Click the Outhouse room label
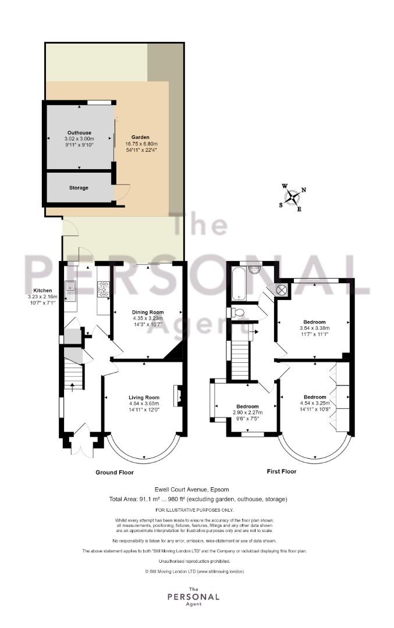coord(79,133)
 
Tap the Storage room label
coord(79,188)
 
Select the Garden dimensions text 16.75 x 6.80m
coord(141,144)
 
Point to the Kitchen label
coord(42,291)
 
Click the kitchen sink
coord(70,292)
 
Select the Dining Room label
coord(148,312)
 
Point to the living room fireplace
coord(177,396)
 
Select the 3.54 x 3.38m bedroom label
coord(314,327)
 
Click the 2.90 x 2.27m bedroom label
coord(248,412)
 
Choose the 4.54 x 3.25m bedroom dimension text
coord(315,404)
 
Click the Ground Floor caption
coord(115,473)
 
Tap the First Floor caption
coord(282,472)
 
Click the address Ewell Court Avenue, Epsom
coord(192,490)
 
